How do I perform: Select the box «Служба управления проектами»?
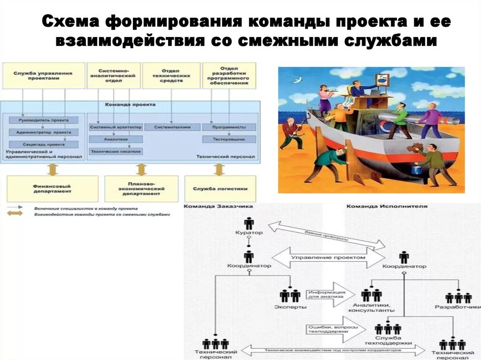tap(43, 76)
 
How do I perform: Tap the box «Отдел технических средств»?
tap(171, 76)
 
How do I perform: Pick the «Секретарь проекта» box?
tap(43, 144)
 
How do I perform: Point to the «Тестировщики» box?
tap(229, 139)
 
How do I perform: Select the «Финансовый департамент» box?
tap(53, 189)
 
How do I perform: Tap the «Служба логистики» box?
tap(220, 189)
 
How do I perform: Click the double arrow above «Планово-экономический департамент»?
tap(141, 169)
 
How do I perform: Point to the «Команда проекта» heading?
tap(130, 105)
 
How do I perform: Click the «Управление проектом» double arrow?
tap(328, 258)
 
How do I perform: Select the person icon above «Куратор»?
tap(249, 223)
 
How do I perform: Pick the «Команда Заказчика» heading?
tap(218, 207)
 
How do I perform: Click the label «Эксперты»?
tap(290, 307)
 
